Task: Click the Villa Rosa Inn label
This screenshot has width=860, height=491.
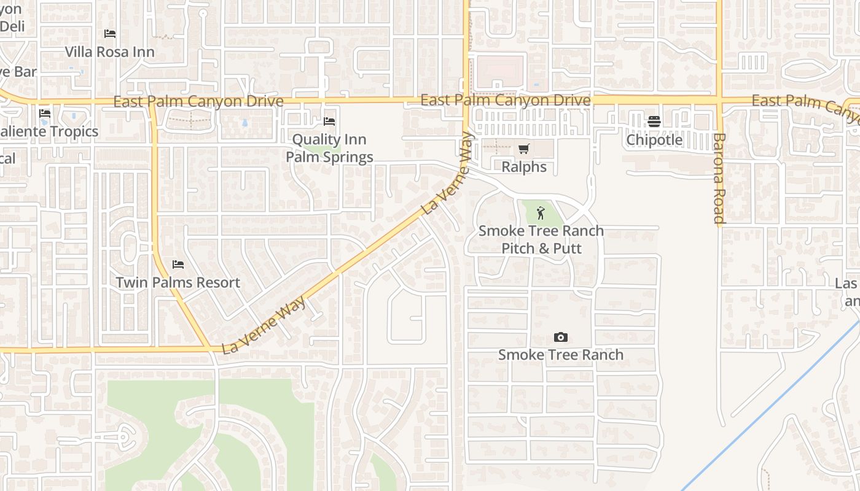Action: [x=110, y=52]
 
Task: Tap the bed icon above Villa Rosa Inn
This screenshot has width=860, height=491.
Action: [x=110, y=34]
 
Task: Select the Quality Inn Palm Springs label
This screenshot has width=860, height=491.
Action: [x=329, y=148]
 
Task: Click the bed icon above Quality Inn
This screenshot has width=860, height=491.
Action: [x=329, y=122]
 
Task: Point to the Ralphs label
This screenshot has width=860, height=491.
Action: [x=524, y=167]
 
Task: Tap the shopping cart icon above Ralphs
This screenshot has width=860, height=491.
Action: [x=523, y=149]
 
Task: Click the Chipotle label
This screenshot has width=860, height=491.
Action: [x=654, y=140]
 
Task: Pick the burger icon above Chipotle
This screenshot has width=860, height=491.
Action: [x=654, y=122]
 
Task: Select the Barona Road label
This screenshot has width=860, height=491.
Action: [x=719, y=178]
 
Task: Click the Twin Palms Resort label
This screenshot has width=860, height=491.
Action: [x=178, y=283]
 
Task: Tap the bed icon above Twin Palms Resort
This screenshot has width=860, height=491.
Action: [x=178, y=265]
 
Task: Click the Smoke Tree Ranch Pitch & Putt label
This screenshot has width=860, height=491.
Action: [x=541, y=239]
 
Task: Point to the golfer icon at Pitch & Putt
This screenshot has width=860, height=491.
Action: [x=541, y=213]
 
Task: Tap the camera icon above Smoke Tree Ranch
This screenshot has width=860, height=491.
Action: [x=560, y=337]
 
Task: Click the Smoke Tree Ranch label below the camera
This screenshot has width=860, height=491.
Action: [x=560, y=355]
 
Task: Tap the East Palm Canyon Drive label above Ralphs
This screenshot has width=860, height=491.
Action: [x=506, y=100]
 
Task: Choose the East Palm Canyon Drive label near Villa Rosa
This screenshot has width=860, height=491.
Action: [x=198, y=101]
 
